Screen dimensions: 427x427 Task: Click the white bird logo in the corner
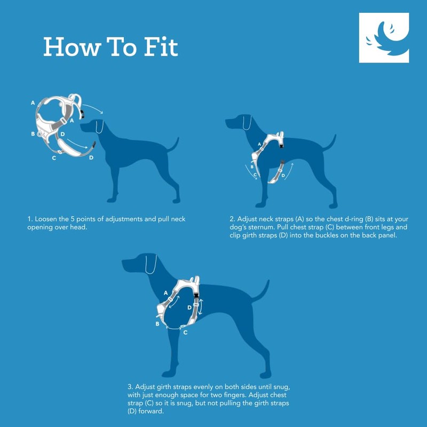pyautogui.click(x=384, y=38)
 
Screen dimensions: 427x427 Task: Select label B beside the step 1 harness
pyautogui.click(x=33, y=133)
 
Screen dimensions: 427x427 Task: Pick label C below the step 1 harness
pyautogui.click(x=54, y=158)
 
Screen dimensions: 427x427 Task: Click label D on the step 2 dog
pyautogui.click(x=283, y=174)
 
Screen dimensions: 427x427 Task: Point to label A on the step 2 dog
pyautogui.click(x=260, y=144)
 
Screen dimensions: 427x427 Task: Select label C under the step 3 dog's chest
pyautogui.click(x=185, y=333)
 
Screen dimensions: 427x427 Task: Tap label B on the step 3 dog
pyautogui.click(x=157, y=323)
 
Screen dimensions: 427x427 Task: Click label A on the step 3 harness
pyautogui.click(x=165, y=292)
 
